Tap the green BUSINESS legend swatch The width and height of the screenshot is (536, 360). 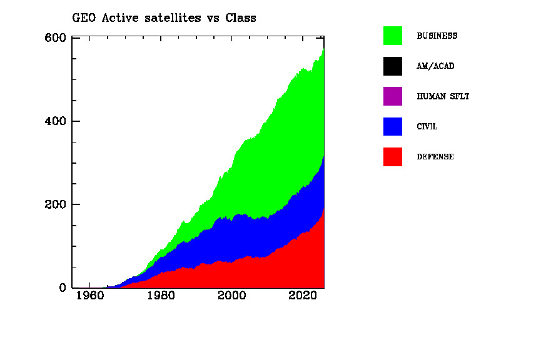[x=393, y=36]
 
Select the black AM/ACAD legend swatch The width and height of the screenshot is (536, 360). [x=393, y=66]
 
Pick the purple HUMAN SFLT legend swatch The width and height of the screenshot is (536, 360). [x=393, y=96]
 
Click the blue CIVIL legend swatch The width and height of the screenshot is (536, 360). [x=393, y=126]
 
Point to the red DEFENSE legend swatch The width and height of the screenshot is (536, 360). [x=393, y=157]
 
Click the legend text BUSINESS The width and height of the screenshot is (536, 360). [x=437, y=36]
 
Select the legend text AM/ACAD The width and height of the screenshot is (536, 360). [x=435, y=66]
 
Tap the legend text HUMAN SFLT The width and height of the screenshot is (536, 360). [x=443, y=96]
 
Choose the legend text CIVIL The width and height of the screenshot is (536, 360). [x=427, y=126]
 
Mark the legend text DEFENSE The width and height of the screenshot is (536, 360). [x=435, y=157]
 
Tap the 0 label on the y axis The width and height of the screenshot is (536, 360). [x=63, y=288]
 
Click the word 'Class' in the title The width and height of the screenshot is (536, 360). [x=241, y=17]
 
